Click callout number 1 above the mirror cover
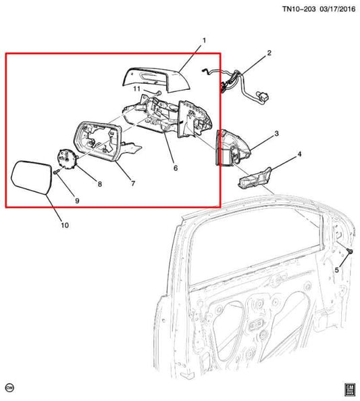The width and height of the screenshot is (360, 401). (x=203, y=41)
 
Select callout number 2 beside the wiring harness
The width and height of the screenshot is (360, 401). (x=269, y=53)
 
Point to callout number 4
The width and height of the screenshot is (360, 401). (x=300, y=155)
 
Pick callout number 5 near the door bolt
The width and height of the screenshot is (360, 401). (x=338, y=270)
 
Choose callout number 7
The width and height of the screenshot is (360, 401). (x=133, y=184)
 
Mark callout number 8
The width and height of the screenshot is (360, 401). (x=100, y=184)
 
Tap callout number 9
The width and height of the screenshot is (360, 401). (x=76, y=201)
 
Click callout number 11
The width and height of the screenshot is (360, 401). (x=136, y=89)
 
